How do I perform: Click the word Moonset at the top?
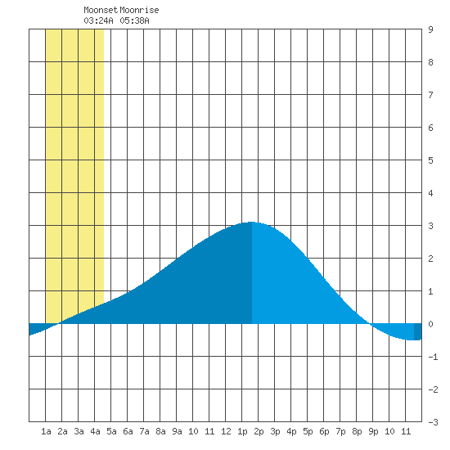[x=101, y=10]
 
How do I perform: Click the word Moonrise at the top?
[x=139, y=10]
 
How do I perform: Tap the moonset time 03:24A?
[x=98, y=20]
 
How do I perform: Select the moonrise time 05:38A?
[x=135, y=20]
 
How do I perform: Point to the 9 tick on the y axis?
[x=430, y=29]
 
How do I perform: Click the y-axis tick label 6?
[x=430, y=128]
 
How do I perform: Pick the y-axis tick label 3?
[x=430, y=226]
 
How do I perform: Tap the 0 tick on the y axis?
[x=430, y=324]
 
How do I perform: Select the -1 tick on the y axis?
[x=433, y=357]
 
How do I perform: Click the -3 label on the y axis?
[x=433, y=422]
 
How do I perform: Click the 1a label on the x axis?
[x=46, y=431]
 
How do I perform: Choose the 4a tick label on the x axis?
[x=95, y=431]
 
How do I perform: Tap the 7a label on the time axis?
[x=144, y=431]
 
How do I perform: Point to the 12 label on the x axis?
[x=226, y=431]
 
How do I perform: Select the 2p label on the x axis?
[x=259, y=431]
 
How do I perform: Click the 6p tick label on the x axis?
[x=324, y=431]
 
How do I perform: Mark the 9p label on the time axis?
[x=373, y=431]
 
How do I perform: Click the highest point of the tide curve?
[x=251, y=222]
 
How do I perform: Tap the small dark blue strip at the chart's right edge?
[x=418, y=331]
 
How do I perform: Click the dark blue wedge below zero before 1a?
[x=37, y=328]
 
